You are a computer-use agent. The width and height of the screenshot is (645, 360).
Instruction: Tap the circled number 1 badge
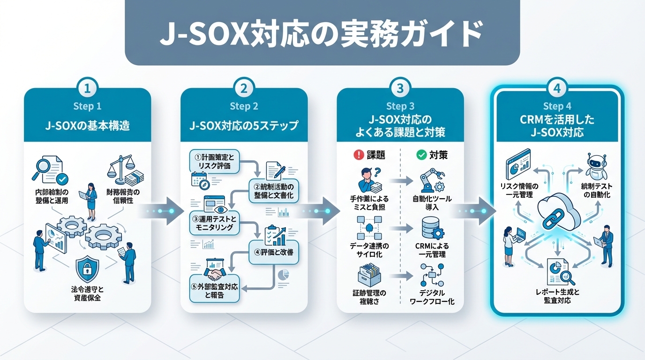click(88, 88)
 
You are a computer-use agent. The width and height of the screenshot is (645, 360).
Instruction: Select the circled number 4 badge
click(557, 88)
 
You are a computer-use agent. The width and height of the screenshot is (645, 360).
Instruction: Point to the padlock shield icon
click(87, 269)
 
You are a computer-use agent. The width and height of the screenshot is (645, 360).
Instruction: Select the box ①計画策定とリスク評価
click(215, 161)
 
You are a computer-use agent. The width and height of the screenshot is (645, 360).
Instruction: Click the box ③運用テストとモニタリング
click(215, 223)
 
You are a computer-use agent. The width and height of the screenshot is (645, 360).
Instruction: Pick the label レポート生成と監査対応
click(557, 296)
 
